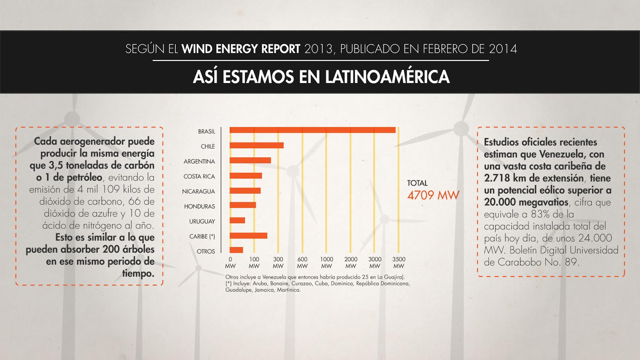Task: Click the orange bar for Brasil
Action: click(312, 130)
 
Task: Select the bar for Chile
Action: click(256, 145)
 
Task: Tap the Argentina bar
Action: click(250, 161)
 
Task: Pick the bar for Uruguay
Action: click(237, 220)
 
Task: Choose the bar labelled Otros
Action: click(236, 250)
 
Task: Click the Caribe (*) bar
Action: click(248, 235)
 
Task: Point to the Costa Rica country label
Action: click(199, 177)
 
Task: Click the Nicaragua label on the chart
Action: click(198, 191)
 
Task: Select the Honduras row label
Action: click(200, 206)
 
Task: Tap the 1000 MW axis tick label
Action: click(327, 262)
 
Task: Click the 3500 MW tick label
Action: click(399, 262)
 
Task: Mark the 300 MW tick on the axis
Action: click(278, 262)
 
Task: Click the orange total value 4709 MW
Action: click(433, 195)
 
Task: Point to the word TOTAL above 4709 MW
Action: click(417, 183)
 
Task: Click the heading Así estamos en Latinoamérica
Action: click(321, 77)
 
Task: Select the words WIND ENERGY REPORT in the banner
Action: click(241, 49)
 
